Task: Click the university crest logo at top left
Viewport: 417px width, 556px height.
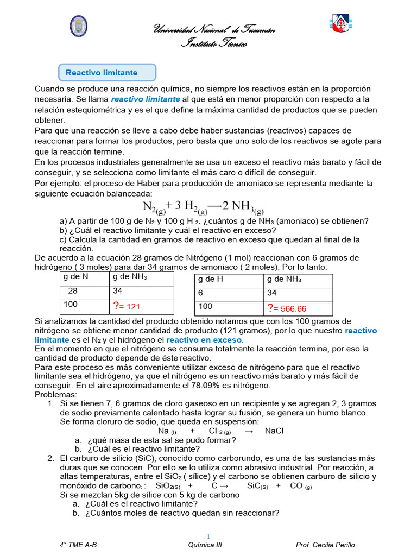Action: [x=78, y=26]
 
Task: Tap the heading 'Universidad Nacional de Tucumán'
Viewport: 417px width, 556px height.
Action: [x=214, y=30]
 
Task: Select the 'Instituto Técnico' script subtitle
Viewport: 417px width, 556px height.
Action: [x=214, y=44]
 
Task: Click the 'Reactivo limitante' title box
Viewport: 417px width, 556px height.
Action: [x=107, y=72]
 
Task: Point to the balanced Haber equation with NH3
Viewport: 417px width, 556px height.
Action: [x=203, y=207]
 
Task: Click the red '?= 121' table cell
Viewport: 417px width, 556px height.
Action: [x=142, y=307]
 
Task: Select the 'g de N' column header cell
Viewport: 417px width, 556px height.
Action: [x=84, y=278]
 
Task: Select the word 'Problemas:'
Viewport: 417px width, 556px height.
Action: [x=56, y=394]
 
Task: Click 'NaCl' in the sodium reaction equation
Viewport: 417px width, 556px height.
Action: [x=274, y=431]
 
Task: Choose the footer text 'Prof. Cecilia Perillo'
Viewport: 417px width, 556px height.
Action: [x=325, y=545]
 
